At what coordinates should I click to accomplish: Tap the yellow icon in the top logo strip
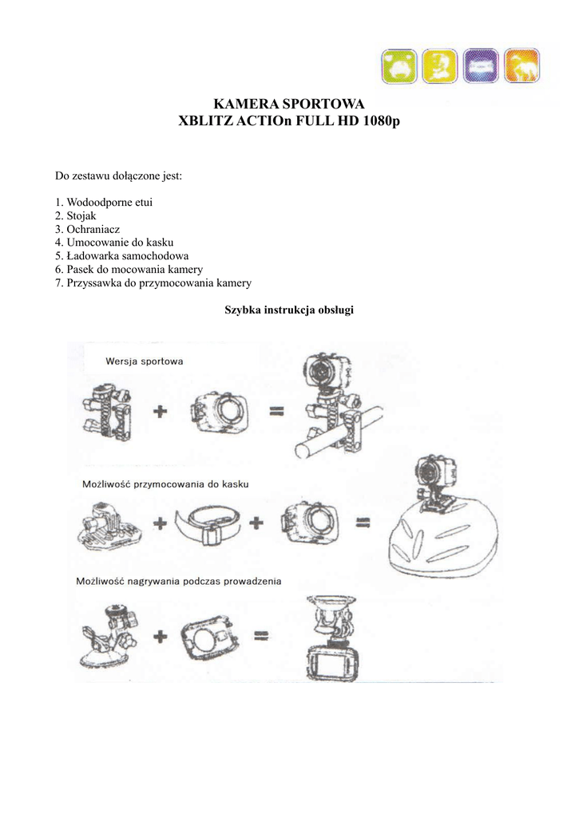438,66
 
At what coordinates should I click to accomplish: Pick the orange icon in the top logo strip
523,66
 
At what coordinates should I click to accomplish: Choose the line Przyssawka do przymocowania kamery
153,282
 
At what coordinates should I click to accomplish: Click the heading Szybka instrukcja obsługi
290,310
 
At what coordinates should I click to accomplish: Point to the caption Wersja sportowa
145,361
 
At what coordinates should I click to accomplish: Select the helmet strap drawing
207,525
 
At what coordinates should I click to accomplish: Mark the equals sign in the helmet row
363,523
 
